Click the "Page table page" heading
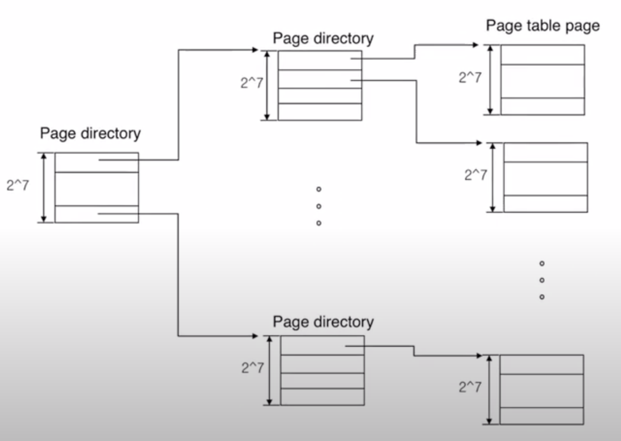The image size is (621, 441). coord(543,26)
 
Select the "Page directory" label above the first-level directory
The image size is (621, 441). coord(90,134)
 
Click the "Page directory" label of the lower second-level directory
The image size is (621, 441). coord(323,322)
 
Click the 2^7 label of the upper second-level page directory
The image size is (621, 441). coord(252,83)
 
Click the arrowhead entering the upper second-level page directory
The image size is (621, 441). coord(255,50)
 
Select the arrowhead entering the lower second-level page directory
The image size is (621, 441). coord(255,336)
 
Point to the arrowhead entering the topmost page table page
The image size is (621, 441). coord(475,45)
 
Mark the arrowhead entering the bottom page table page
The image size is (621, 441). coord(479,356)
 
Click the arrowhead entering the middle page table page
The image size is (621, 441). coord(479,143)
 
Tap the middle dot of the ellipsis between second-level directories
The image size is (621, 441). coord(319,206)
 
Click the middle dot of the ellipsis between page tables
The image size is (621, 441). coord(542,280)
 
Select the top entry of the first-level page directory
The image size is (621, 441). coord(97,162)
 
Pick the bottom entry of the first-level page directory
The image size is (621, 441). coord(97,214)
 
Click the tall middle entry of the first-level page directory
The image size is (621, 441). coord(97,189)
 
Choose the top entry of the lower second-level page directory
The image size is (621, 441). coord(322,345)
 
